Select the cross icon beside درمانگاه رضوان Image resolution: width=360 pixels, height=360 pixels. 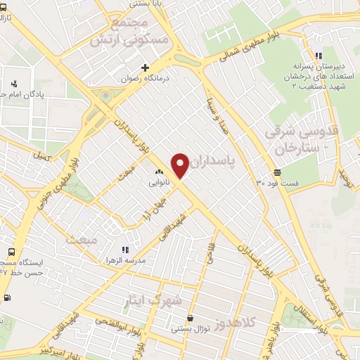coord(145,68)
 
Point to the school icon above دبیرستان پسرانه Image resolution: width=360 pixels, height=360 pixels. coord(319,56)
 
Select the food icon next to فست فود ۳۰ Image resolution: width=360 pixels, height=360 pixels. coord(278,172)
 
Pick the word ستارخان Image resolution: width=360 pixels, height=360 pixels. coord(298,148)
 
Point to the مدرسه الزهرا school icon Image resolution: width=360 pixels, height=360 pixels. coord(125,250)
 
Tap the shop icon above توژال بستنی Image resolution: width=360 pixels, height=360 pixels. coord(191,318)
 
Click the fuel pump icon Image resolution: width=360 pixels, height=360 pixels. coord(7,297)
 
